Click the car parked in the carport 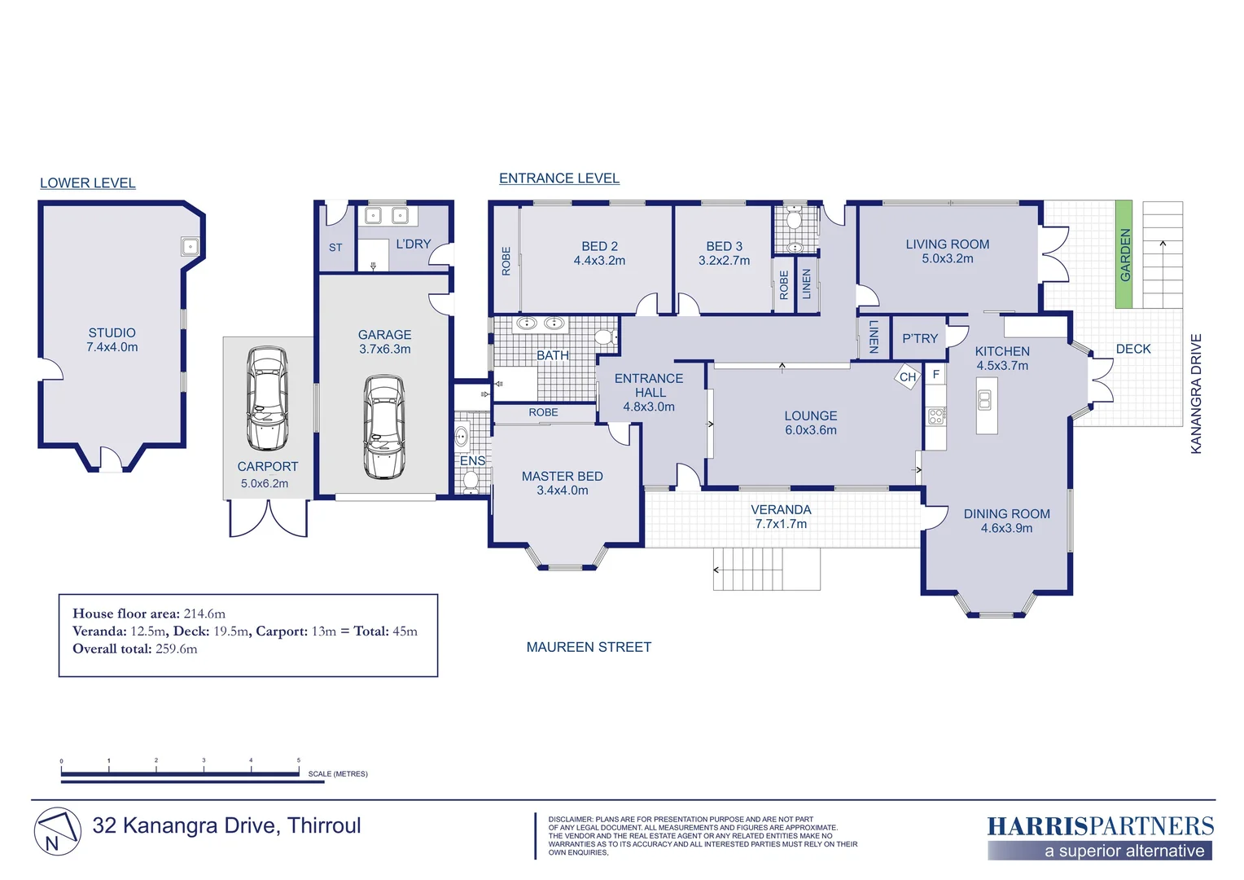(x=268, y=398)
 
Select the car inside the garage (x=383, y=426)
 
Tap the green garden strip (x=1124, y=254)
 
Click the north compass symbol (x=58, y=831)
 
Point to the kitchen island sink (x=984, y=399)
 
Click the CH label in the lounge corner (x=908, y=377)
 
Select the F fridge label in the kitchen (x=935, y=374)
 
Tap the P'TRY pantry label (x=920, y=338)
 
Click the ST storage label (x=335, y=248)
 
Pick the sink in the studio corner (x=190, y=246)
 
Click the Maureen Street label (x=589, y=647)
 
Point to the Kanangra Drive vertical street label (x=1196, y=394)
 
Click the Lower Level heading (x=88, y=183)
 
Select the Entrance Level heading (x=559, y=178)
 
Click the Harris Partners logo (x=1100, y=837)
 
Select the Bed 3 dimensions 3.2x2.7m (x=725, y=261)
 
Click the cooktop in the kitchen (x=935, y=416)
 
